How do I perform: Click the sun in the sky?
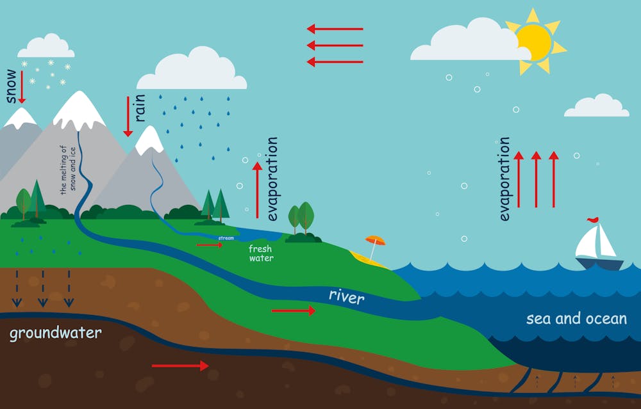[533, 41]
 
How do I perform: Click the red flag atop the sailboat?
[594, 220]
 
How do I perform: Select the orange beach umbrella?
[376, 241]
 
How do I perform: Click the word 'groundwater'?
[55, 333]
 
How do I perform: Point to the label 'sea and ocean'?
[576, 318]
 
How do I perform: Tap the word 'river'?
[346, 296]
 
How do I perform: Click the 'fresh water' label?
[261, 253]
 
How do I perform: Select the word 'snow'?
[11, 86]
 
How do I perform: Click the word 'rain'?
[140, 108]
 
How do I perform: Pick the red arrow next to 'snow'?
[22, 87]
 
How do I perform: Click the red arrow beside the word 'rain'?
[128, 116]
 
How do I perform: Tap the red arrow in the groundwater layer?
[180, 365]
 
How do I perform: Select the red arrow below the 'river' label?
[293, 310]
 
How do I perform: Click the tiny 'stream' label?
[226, 238]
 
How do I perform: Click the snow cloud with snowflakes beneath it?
[46, 46]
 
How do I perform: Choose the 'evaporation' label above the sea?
[504, 179]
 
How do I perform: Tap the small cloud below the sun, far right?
[597, 106]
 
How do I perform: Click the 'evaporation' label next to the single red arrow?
[272, 179]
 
